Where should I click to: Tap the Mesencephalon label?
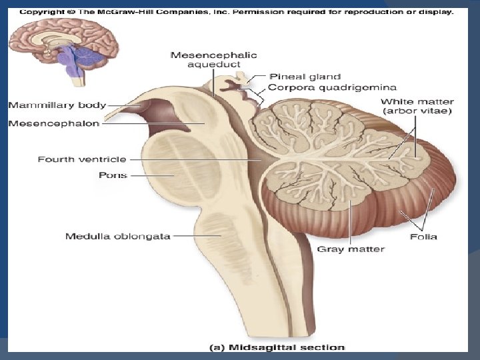pos(53,123)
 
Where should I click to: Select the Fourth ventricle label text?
pos(81,159)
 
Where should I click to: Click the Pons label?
pos(113,175)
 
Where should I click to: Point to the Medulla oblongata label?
pos(117,236)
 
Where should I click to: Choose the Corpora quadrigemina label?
pos(333,87)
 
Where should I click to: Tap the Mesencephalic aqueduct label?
pos(213,60)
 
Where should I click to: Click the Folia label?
pos(424,237)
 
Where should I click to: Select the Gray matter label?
pos(351,249)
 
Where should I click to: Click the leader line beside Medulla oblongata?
pos(189,236)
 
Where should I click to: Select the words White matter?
pos(416,101)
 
